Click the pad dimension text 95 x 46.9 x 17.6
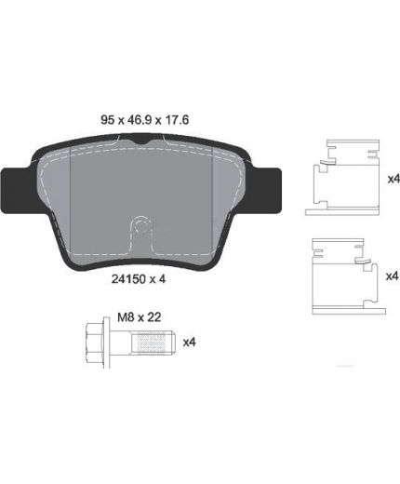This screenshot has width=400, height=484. tap(144, 119)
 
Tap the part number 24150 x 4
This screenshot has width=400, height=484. tap(139, 279)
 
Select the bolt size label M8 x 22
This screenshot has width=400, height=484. tap(140, 317)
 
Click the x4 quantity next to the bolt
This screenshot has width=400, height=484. tap(189, 343)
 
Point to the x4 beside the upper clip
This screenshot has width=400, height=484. tap(393, 179)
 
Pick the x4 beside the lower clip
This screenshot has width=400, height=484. tap(392, 276)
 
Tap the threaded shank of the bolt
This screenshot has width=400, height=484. tap(153, 342)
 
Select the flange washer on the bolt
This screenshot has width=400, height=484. tap(106, 343)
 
